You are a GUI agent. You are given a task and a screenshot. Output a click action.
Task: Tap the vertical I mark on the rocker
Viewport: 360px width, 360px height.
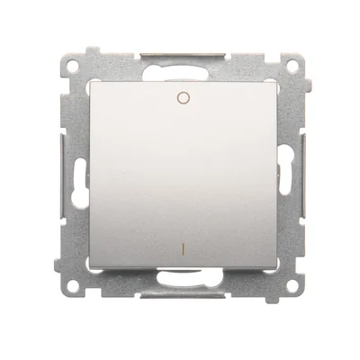pos(183,244)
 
